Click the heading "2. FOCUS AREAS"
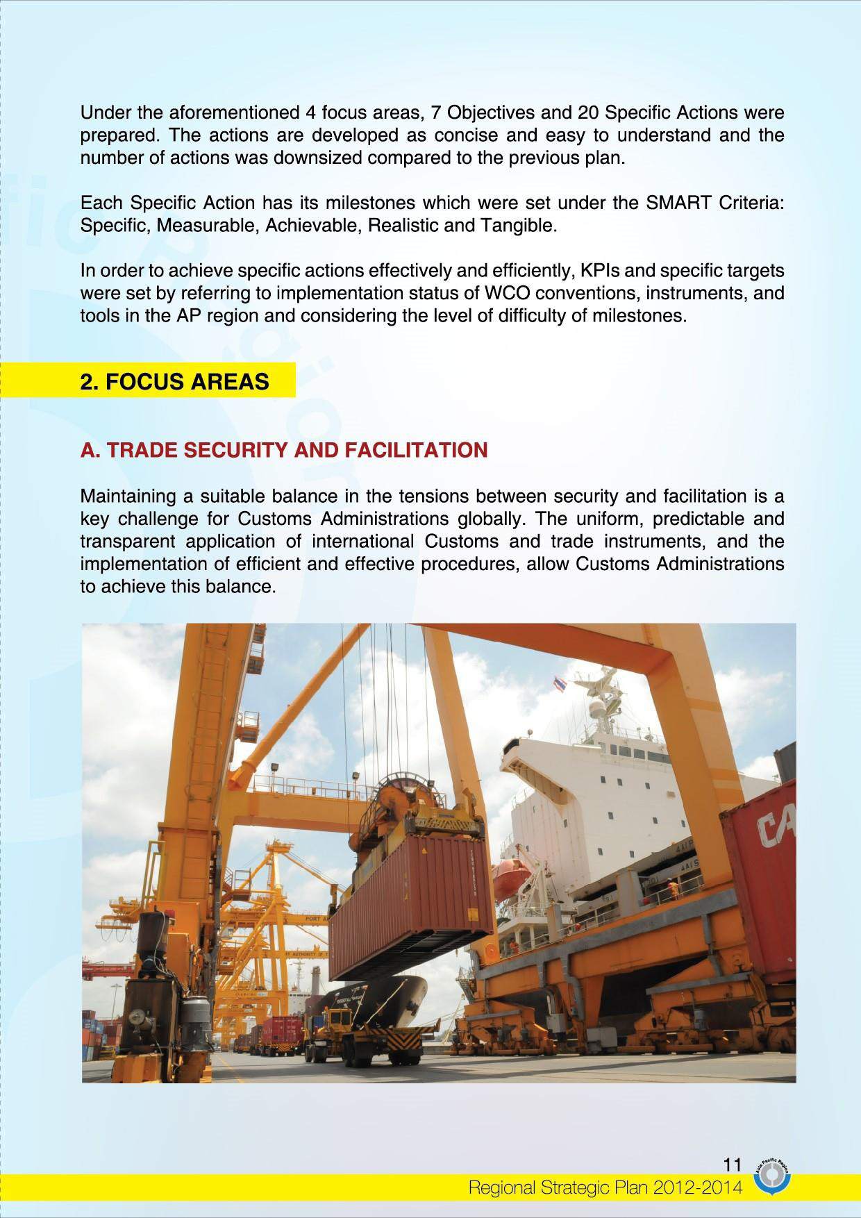tap(175, 382)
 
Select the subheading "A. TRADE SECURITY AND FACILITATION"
tap(284, 450)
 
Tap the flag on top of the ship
tap(560, 685)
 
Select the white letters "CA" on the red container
tap(776, 828)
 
